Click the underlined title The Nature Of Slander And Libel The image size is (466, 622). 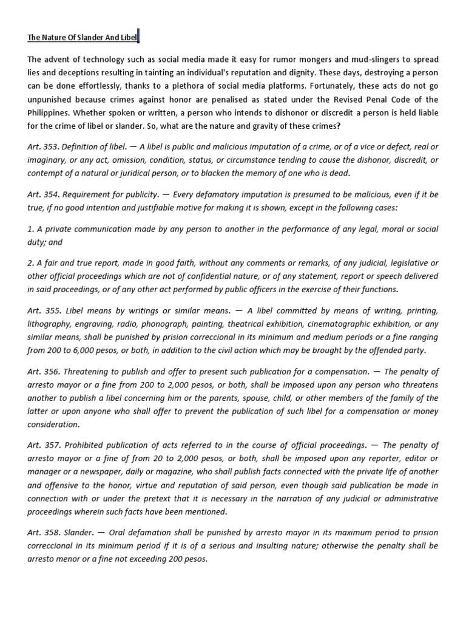click(x=82, y=38)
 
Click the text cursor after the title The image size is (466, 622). click(x=138, y=37)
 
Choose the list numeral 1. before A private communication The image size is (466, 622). click(x=30, y=229)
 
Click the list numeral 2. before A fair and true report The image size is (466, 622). click(x=30, y=263)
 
